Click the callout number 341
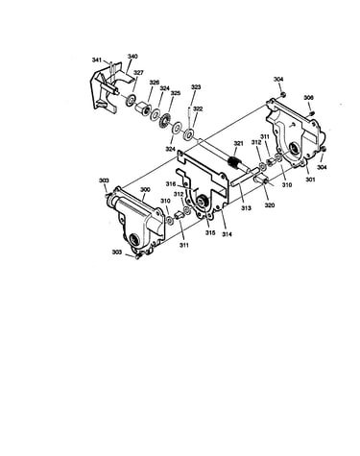(97, 60)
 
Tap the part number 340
(132, 57)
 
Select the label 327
(138, 73)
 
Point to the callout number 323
(196, 87)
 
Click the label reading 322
(198, 108)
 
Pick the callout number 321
(238, 144)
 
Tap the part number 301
(310, 180)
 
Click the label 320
(270, 205)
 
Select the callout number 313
(246, 208)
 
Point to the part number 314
(227, 234)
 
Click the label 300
(145, 190)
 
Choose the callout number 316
(171, 184)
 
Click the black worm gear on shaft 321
(234, 162)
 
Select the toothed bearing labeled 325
(166, 120)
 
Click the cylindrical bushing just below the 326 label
(142, 108)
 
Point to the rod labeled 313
(246, 176)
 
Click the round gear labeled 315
(202, 202)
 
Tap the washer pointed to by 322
(187, 133)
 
